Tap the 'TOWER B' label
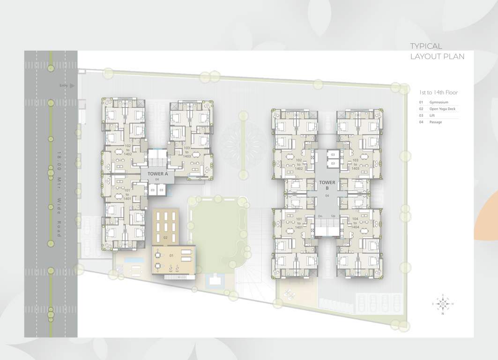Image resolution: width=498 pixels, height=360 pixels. (327, 185)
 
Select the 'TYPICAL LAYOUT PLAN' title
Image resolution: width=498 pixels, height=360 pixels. (437, 51)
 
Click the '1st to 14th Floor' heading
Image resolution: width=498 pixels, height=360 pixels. (439, 93)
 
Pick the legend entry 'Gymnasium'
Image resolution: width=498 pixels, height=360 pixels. (439, 102)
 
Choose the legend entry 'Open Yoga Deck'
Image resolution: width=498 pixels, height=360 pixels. (442, 109)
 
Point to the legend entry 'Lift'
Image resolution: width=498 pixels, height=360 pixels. (432, 115)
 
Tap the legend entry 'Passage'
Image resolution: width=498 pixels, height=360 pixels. (435, 122)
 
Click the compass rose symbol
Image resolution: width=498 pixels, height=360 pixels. (442, 304)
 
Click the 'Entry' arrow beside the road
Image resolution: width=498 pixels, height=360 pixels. (71, 86)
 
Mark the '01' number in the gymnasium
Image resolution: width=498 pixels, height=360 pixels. (171, 256)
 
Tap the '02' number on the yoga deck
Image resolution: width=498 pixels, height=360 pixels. (165, 238)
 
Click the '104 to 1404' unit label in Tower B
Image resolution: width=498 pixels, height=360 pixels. (355, 223)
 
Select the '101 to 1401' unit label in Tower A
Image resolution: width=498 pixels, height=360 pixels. (127, 195)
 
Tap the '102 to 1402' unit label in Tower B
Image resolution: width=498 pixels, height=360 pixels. (299, 164)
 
